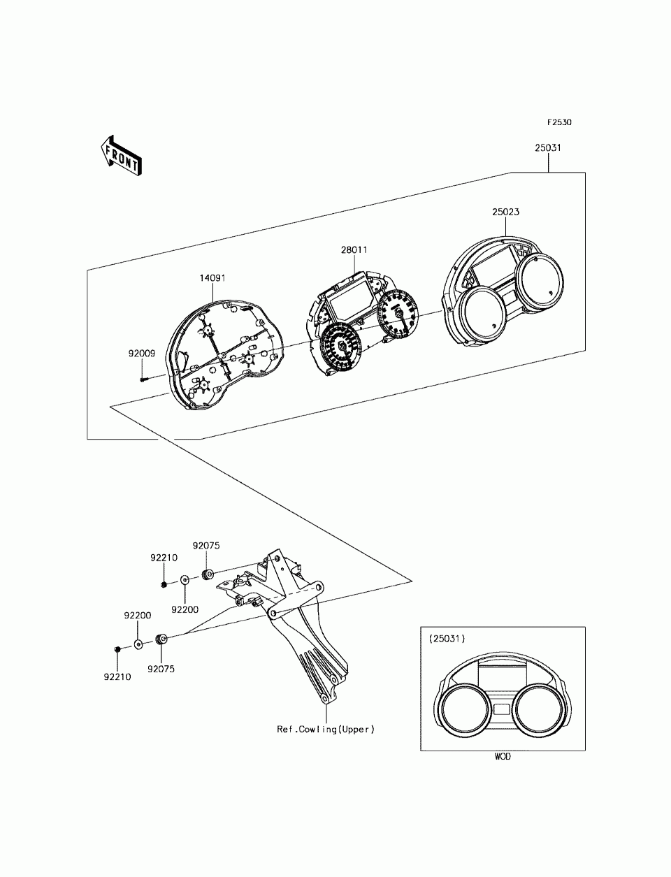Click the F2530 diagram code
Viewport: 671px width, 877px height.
point(559,122)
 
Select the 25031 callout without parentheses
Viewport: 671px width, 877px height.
point(548,149)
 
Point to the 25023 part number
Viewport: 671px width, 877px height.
point(505,211)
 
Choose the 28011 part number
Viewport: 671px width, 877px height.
point(354,249)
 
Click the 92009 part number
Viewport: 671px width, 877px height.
point(141,354)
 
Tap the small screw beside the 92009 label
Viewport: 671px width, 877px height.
point(144,379)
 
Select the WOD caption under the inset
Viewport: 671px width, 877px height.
point(503,757)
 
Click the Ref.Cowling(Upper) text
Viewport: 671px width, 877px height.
point(326,730)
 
